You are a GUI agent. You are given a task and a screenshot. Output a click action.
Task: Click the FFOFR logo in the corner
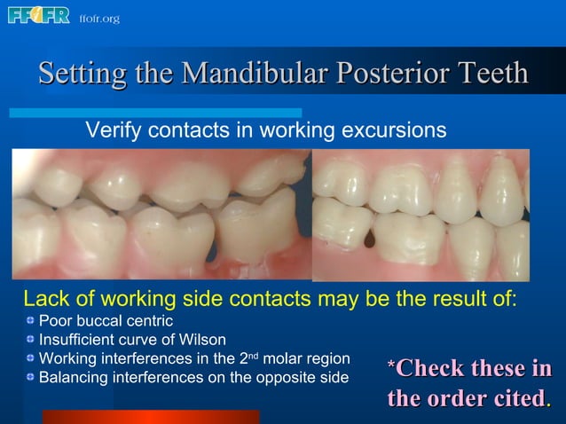38,16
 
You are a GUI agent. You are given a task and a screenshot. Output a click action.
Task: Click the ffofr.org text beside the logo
99,19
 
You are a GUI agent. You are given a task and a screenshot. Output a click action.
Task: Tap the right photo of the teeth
421,214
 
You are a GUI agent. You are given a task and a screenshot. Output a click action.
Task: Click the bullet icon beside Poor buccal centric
30,319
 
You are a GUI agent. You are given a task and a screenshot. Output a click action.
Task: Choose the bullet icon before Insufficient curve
30,339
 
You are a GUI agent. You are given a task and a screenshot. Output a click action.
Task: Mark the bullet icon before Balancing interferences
30,378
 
